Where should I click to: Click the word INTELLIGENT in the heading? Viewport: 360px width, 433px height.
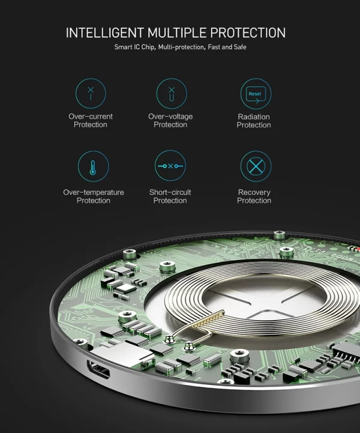tap(105, 32)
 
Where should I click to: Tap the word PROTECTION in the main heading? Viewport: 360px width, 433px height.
tap(248, 32)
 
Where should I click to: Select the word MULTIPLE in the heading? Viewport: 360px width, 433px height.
tap(177, 32)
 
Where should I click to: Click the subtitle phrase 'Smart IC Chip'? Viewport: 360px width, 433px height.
tap(135, 47)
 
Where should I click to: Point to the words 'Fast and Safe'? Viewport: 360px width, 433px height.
tap(227, 47)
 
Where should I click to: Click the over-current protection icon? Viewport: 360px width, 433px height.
tap(91, 93)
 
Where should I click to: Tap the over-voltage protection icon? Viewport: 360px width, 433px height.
tap(172, 94)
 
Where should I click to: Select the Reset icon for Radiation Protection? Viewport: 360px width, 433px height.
tap(256, 94)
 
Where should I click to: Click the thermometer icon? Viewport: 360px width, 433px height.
tap(93, 166)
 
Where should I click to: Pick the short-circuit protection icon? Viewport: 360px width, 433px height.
tap(170, 166)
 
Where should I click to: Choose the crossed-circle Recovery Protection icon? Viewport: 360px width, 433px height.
tap(256, 166)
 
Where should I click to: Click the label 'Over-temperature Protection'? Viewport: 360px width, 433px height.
tap(94, 196)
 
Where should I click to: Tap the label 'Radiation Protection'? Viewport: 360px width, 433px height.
tap(254, 121)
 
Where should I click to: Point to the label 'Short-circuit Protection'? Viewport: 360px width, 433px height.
tap(170, 196)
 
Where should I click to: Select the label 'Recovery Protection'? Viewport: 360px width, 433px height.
tap(254, 196)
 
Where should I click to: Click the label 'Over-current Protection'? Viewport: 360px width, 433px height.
tap(91, 120)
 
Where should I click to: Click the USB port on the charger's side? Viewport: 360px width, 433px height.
tap(98, 370)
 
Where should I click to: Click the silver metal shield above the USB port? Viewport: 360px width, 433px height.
tap(123, 353)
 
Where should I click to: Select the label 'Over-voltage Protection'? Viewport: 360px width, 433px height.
tap(170, 120)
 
